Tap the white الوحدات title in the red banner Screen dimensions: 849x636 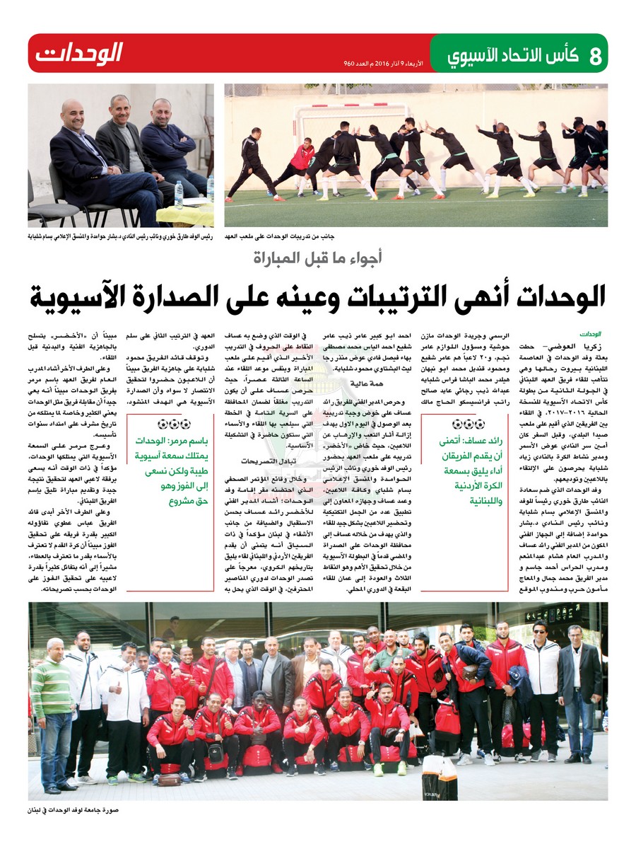[x=79, y=53]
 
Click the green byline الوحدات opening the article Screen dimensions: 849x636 [x=590, y=332]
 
